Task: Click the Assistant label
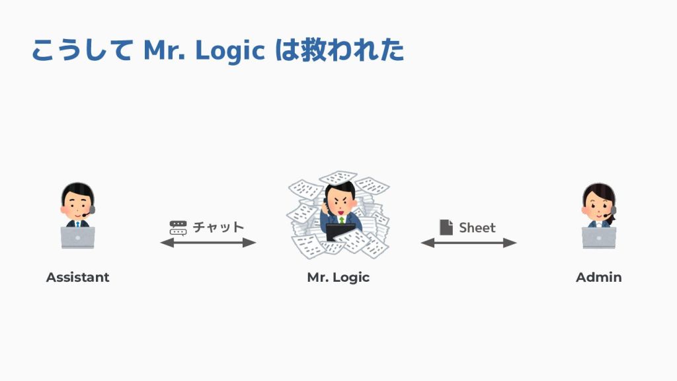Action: coord(77,277)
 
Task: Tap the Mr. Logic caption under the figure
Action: coord(338,277)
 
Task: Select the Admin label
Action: coord(598,277)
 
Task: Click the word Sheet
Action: coord(477,228)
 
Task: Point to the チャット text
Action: coord(218,228)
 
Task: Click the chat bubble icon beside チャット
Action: coord(178,228)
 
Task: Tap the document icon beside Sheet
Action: coord(446,228)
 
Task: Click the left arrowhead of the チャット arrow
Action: coord(166,243)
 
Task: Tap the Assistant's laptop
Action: coord(78,237)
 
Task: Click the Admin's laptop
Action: coord(598,237)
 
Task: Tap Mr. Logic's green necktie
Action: coord(342,219)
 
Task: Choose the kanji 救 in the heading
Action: coord(313,51)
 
